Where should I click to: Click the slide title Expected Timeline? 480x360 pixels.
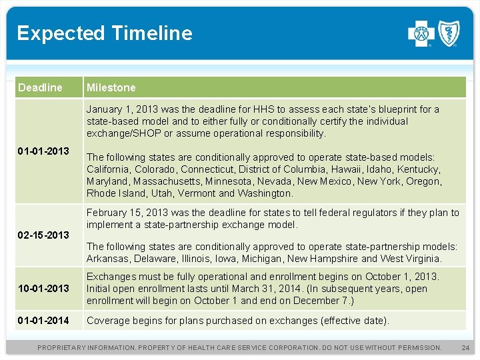[x=105, y=33]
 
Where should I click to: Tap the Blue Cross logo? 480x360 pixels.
[x=421, y=33]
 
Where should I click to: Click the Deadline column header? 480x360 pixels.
[x=40, y=87]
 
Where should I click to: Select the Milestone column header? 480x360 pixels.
[x=111, y=87]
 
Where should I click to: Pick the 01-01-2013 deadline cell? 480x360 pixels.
[x=43, y=151]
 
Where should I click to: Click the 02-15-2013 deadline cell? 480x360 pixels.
[x=43, y=235]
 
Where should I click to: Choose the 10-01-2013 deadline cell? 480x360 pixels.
[x=43, y=288]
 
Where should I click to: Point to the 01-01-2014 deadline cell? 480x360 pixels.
[x=43, y=320]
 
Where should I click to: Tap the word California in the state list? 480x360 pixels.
[x=108, y=169]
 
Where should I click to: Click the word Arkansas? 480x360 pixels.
[x=107, y=258]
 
